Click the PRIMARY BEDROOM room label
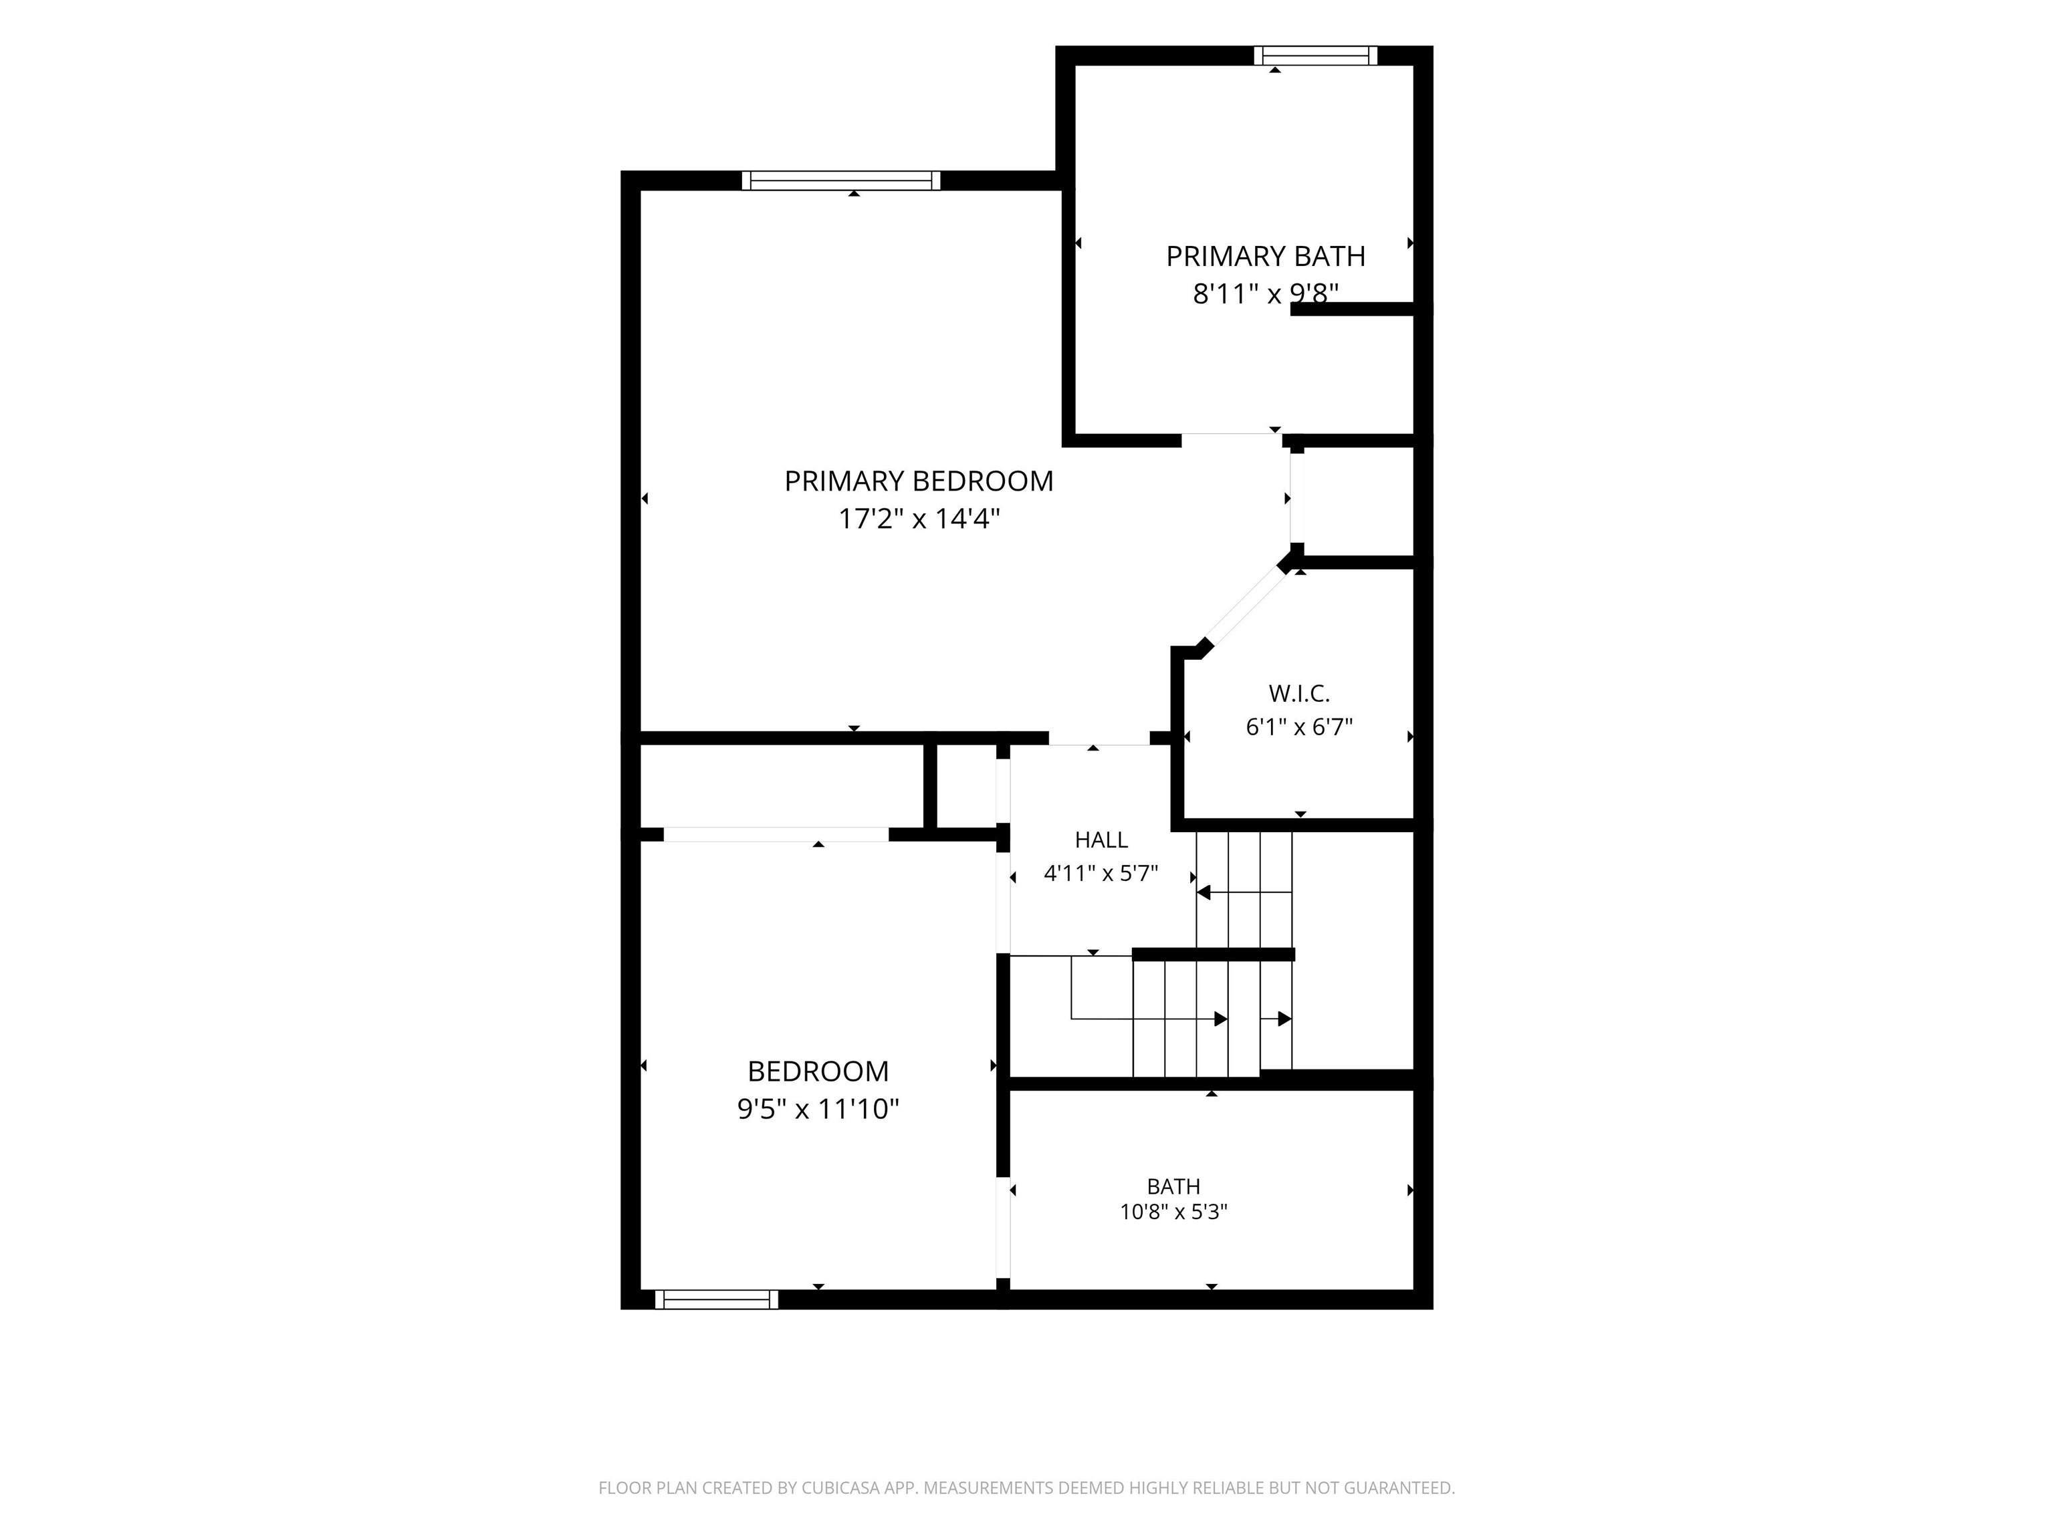[919, 481]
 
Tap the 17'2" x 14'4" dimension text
[919, 519]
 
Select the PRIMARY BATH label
[1266, 256]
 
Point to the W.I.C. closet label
[1299, 693]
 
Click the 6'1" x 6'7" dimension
[1299, 727]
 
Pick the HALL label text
[1101, 840]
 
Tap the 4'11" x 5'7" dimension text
[1101, 874]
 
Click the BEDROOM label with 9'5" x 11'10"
[818, 1071]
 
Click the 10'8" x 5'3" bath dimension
[1173, 1211]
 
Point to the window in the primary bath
[1316, 55]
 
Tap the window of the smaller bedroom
[717, 1299]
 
